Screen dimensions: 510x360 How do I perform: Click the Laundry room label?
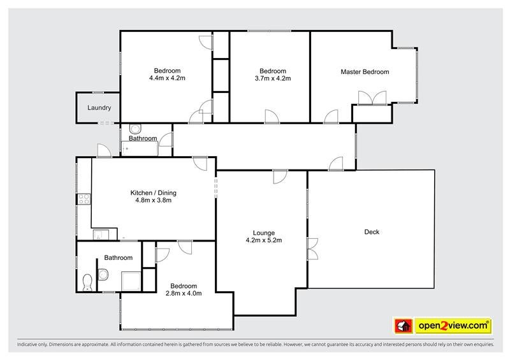coord(99,108)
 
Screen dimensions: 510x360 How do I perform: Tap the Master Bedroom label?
coord(365,72)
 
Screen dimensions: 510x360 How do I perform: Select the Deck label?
coord(372,232)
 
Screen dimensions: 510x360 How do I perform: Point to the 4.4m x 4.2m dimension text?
coord(167,78)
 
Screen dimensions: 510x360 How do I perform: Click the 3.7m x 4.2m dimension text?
coord(273,78)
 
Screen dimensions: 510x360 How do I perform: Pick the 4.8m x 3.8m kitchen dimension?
coord(153,200)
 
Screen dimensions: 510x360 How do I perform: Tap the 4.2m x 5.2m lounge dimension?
coord(264,240)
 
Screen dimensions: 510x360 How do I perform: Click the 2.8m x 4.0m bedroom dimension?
coord(184,293)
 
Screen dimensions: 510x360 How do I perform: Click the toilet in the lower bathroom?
coord(87,283)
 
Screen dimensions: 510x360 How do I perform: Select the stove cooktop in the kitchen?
coord(84,199)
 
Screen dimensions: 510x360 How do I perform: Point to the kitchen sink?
coord(101,235)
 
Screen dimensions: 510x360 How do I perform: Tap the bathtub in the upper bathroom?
coord(140,148)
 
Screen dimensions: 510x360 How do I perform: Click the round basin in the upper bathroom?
coord(135,129)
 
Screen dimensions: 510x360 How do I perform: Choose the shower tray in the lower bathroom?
coord(131,281)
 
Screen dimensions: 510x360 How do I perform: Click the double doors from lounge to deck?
coord(312,248)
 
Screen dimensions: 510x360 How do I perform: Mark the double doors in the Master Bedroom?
coord(372,98)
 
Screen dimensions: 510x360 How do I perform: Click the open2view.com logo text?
coord(453,326)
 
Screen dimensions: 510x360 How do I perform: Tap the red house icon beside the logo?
coord(404,326)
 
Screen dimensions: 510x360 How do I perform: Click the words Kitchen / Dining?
coord(153,193)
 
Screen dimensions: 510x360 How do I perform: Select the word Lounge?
coord(264,233)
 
